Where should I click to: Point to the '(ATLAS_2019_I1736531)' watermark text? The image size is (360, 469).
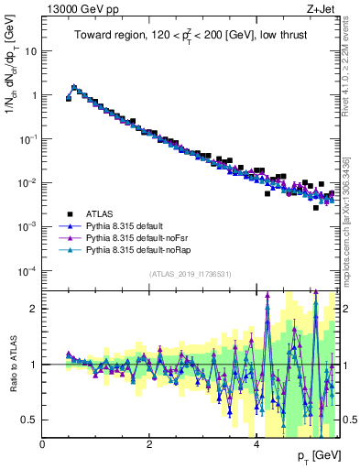pos(190,274)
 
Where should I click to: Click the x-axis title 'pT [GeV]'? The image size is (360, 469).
pos(311,455)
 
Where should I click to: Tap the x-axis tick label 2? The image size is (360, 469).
pos(149,444)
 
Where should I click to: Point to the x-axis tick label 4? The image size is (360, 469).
pos(256,444)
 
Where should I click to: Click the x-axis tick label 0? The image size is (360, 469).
pos(43,444)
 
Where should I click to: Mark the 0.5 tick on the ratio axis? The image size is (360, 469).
pos(30,420)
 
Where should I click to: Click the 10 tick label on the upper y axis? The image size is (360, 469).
pos(30,51)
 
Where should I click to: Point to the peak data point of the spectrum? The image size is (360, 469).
pos(74,88)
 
